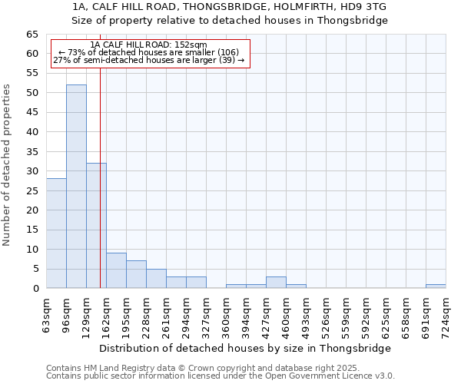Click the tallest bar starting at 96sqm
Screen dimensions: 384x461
(76, 187)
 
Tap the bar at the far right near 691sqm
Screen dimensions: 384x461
(436, 286)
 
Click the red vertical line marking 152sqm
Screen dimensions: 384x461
(100, 192)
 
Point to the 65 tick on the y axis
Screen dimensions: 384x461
(32, 35)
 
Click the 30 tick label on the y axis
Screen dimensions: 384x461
(32, 171)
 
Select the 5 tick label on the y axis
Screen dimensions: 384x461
(35, 269)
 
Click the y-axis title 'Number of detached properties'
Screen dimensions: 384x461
(7, 165)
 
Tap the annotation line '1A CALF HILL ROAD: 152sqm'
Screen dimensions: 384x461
(148, 45)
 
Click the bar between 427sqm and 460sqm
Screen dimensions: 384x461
(276, 283)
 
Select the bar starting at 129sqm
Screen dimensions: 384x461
(96, 226)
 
